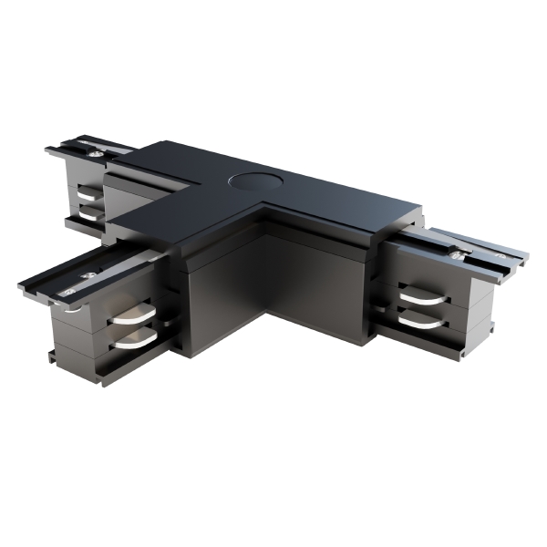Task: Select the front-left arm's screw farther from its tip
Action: [x=88, y=274]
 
